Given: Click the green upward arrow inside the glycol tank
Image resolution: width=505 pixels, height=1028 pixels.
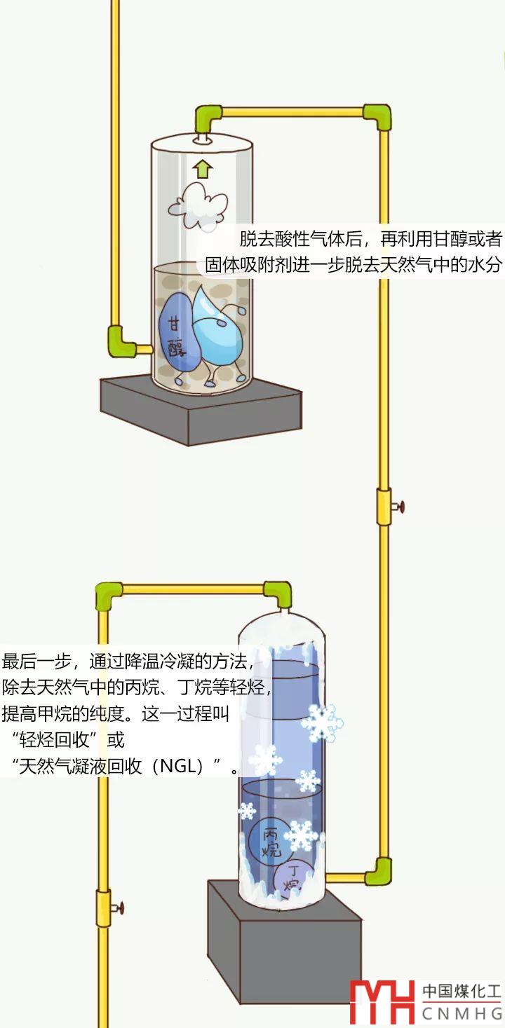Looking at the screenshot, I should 203,169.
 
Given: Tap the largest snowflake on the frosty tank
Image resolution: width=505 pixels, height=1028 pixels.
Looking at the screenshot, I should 321,722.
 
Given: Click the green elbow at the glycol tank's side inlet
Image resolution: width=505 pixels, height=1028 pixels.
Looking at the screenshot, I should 121,341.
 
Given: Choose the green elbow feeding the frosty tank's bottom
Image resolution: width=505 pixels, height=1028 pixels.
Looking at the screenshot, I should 379,871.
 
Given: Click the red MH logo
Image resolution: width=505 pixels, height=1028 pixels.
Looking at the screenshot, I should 382,1002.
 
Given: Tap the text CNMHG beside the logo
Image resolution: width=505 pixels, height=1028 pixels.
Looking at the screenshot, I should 462,1013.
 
